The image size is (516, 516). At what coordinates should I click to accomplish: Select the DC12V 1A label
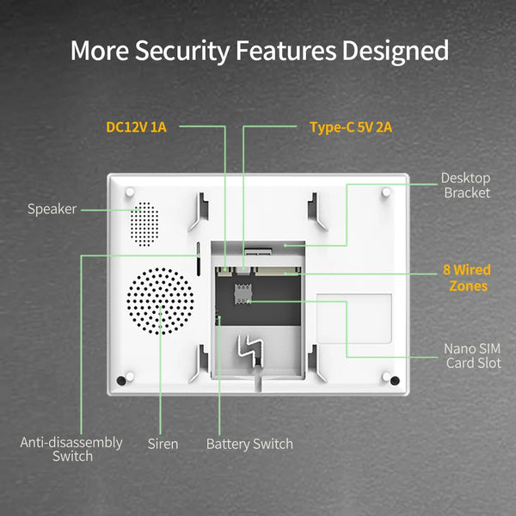coord(136,127)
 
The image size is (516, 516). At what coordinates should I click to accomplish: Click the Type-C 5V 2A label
coord(351,127)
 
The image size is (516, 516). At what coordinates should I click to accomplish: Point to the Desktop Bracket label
coord(466,185)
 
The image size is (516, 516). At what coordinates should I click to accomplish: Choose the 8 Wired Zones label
coord(466,278)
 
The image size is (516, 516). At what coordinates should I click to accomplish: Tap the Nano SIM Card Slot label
coord(472,356)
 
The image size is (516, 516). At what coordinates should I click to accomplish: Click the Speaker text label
coord(52,209)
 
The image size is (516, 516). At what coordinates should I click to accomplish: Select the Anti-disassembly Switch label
coord(71,449)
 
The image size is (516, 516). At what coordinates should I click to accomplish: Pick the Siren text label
coord(163,444)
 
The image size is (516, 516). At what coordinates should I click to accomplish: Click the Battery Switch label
coord(249,444)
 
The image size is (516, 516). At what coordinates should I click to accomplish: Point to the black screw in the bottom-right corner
coord(394,379)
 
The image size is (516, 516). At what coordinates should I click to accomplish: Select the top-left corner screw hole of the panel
coord(129,192)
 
